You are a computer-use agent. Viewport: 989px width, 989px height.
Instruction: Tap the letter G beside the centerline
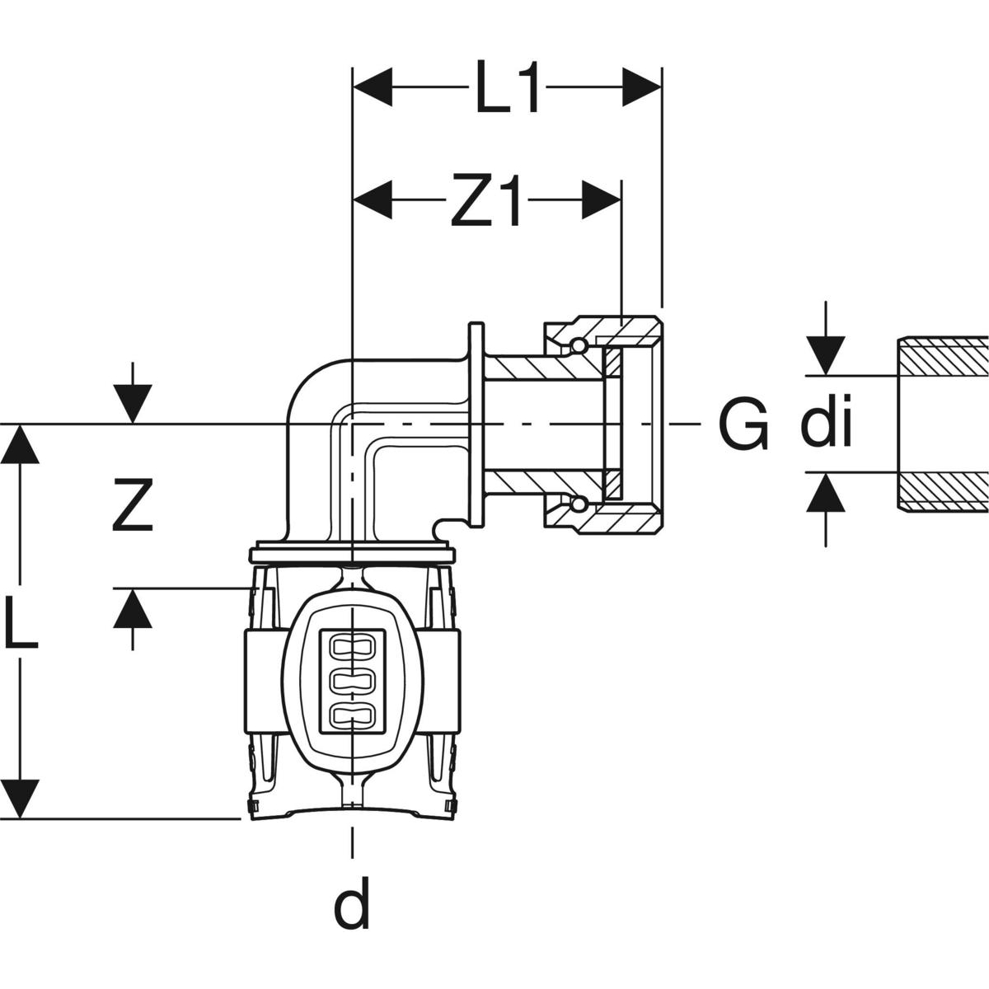pyautogui.click(x=743, y=425)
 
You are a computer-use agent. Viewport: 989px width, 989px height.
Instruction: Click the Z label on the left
pyautogui.click(x=133, y=506)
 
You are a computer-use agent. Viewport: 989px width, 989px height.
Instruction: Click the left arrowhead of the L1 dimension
pyautogui.click(x=372, y=87)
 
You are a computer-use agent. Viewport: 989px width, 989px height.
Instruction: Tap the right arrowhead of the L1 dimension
pyautogui.click(x=642, y=87)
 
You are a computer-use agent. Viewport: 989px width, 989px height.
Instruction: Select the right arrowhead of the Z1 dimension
pyautogui.click(x=601, y=200)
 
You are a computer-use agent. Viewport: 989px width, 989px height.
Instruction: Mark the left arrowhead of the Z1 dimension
pyautogui.click(x=372, y=200)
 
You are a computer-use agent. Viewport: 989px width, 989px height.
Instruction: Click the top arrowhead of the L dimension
pyautogui.click(x=20, y=445)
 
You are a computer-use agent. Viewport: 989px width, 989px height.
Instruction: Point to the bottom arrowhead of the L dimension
pyautogui.click(x=20, y=798)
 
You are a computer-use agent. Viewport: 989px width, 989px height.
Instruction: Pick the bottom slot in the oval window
pyautogui.click(x=352, y=715)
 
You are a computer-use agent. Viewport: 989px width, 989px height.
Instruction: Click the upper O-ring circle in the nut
pyautogui.click(x=579, y=345)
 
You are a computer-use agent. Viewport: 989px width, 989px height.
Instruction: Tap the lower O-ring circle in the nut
pyautogui.click(x=579, y=504)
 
